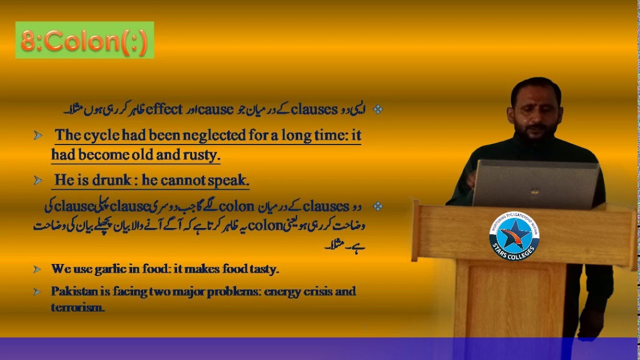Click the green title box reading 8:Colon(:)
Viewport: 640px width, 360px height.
pyautogui.click(x=84, y=40)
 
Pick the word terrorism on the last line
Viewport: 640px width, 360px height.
pyautogui.click(x=77, y=307)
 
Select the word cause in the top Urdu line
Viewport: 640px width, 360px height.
pyautogui.click(x=215, y=109)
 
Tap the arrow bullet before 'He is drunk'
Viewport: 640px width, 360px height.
pyautogui.click(x=37, y=180)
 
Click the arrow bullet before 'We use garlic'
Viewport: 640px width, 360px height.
pyautogui.click(x=37, y=269)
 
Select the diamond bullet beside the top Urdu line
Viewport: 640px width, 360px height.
pyautogui.click(x=378, y=109)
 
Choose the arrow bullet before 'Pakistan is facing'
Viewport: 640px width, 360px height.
pyautogui.click(x=37, y=291)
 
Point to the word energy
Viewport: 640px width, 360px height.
pyautogui.click(x=284, y=291)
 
